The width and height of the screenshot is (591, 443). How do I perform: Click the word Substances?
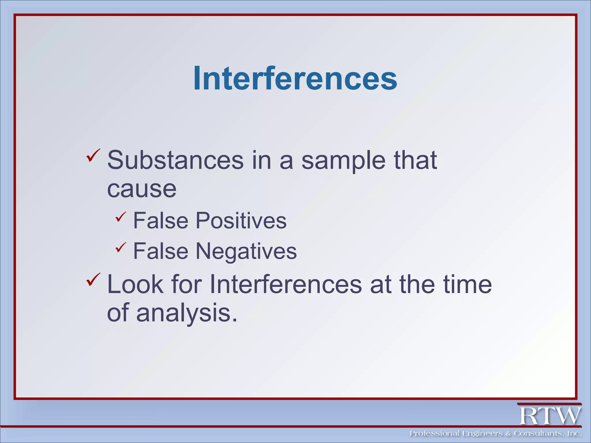tap(175, 160)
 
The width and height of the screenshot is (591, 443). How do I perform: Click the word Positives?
tap(241, 221)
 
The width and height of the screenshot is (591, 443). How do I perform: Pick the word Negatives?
tap(246, 251)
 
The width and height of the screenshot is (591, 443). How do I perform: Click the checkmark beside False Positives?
tap(121, 217)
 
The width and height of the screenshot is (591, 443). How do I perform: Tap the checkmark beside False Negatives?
tap(121, 247)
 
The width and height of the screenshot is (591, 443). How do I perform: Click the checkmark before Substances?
tap(93, 155)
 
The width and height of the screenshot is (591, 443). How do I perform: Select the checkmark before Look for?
tap(93, 279)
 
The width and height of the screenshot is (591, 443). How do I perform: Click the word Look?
tap(135, 285)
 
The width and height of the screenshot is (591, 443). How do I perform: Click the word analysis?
tap(187, 313)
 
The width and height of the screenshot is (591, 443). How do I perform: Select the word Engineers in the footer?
tap(482, 433)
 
